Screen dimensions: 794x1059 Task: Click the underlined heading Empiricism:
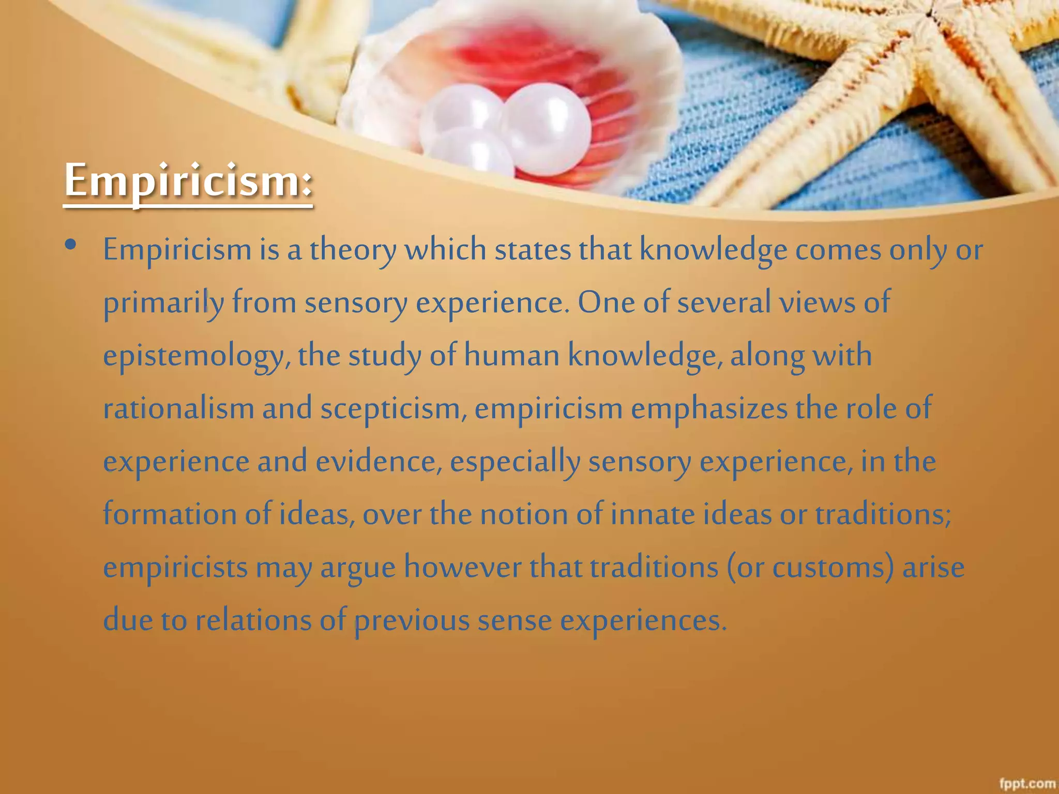tap(188, 181)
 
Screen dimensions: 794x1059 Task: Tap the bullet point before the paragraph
tap(71, 245)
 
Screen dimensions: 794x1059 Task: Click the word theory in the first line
tap(353, 250)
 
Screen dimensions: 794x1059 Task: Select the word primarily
tap(163, 303)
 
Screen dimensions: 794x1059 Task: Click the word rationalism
tap(178, 408)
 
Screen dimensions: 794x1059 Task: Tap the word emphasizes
tap(709, 408)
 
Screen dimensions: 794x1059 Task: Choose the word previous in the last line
tap(412, 621)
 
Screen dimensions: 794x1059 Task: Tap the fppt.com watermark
tap(1027, 784)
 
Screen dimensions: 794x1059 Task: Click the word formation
tap(170, 514)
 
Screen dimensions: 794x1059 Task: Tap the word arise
tap(933, 567)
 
